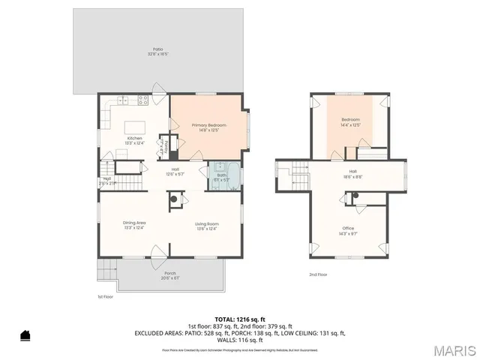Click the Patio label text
[158, 49]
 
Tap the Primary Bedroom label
[208, 125]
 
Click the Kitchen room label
[134, 138]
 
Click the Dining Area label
[133, 223]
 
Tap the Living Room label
[207, 223]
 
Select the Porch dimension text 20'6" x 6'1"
[170, 278]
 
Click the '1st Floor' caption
[105, 297]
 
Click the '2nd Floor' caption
[318, 274]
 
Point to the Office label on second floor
[348, 228]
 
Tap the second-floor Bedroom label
[351, 120]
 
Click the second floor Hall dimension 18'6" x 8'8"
[352, 176]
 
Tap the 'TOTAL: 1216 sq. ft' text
[239, 319]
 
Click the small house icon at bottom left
[25, 335]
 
